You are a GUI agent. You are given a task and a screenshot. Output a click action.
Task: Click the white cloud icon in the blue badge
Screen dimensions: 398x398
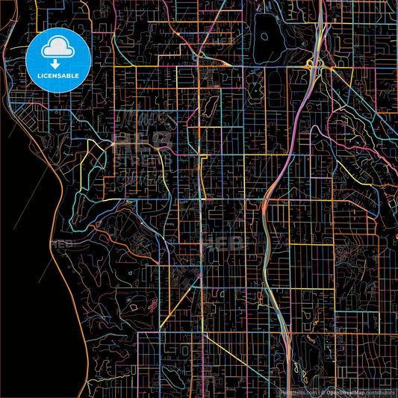[58, 49]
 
